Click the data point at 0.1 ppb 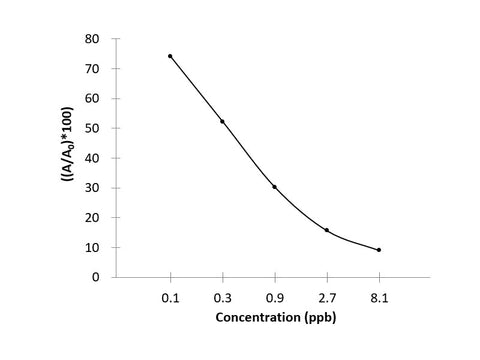[170, 56]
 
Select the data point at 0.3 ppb [222, 121]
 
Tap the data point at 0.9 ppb [274, 187]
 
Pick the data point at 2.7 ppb [327, 230]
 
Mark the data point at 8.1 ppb [379, 250]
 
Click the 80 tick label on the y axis [93, 39]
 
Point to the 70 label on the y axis [93, 69]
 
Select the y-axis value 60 [93, 98]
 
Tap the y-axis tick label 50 [93, 128]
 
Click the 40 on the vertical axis [93, 158]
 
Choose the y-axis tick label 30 [93, 188]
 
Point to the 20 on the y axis [93, 217]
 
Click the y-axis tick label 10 [93, 247]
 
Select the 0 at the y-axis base [97, 277]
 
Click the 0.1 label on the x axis [170, 298]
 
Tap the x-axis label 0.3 [222, 298]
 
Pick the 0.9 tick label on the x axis [274, 298]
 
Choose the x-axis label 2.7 [327, 298]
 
